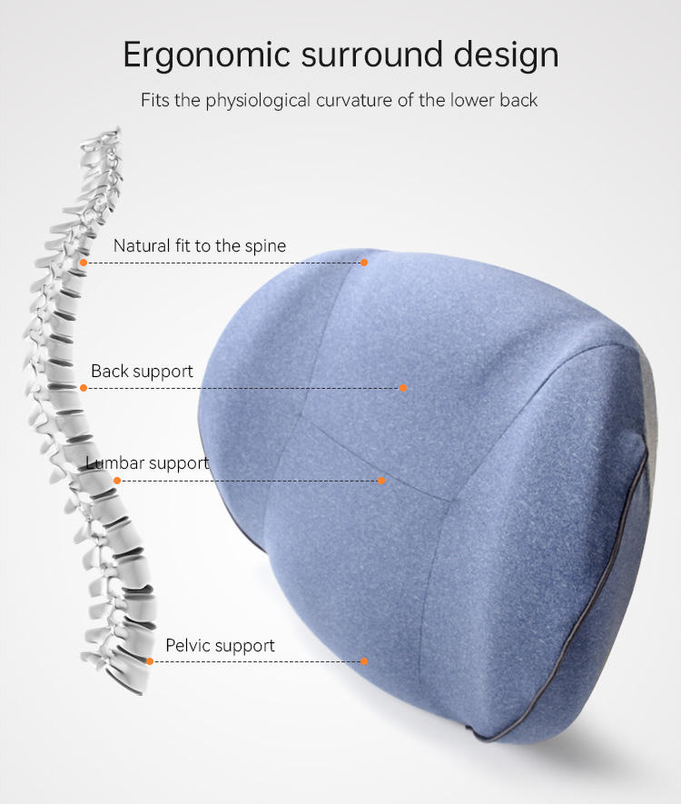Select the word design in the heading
(503, 55)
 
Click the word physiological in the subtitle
(258, 99)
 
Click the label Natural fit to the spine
(199, 245)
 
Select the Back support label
(142, 371)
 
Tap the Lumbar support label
(148, 462)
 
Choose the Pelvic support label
(220, 646)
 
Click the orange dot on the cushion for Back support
(403, 388)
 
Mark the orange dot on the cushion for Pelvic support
(364, 661)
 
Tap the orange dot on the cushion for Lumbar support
(381, 480)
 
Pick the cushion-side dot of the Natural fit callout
(364, 263)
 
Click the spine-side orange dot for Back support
(84, 388)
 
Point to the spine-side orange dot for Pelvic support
(150, 661)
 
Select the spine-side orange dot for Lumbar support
(117, 480)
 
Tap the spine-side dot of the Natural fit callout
(84, 263)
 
